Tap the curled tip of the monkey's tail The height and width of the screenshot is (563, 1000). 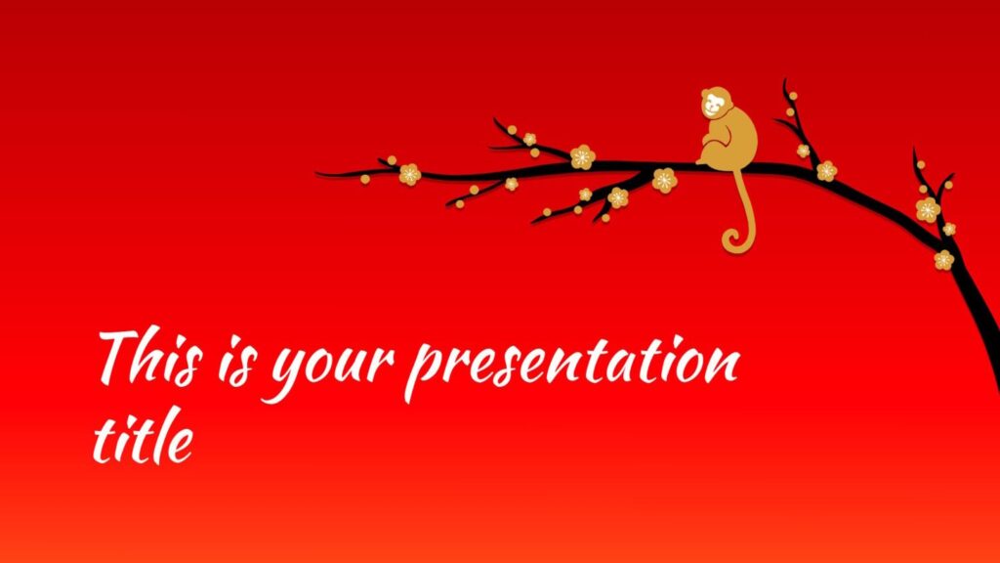tap(731, 242)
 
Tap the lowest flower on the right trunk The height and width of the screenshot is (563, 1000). tap(944, 260)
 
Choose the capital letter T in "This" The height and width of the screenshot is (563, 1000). tap(122, 355)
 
